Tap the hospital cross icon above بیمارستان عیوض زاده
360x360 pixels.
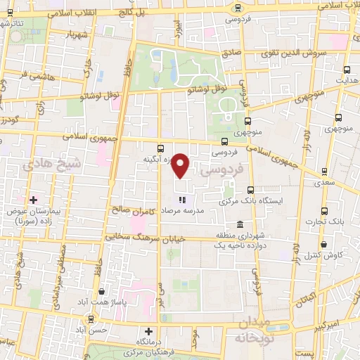[32, 199]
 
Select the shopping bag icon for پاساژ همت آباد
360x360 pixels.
[102, 291]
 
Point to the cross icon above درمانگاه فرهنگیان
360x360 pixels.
[148, 331]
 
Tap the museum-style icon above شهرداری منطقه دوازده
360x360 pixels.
[240, 224]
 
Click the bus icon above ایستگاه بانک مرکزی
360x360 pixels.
[251, 190]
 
